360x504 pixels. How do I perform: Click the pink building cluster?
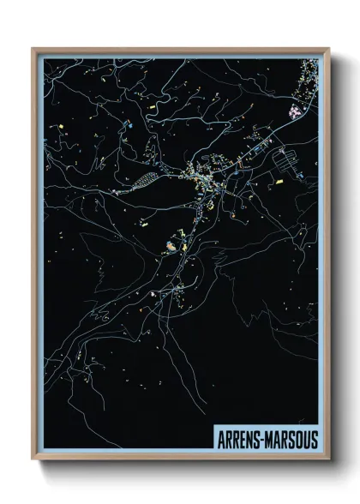pyautogui.click(x=297, y=111)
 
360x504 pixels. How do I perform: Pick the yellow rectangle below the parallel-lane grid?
pyautogui.click(x=279, y=182)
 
